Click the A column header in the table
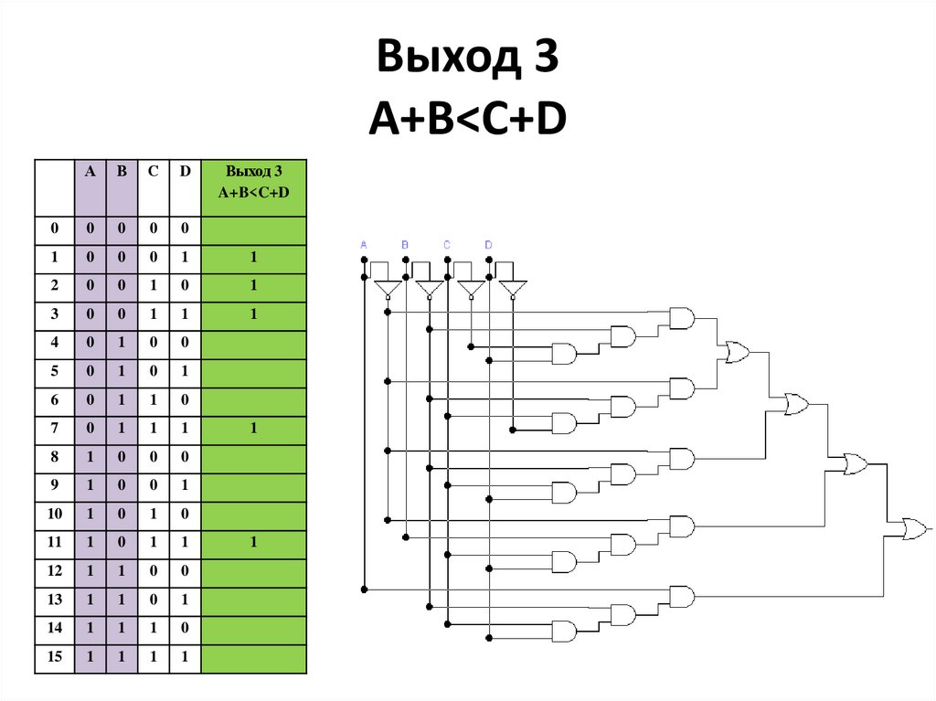(90, 171)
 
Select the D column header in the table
(184, 171)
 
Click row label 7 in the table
(54, 428)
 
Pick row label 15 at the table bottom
(54, 656)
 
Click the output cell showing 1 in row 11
(253, 542)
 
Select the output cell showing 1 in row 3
(253, 313)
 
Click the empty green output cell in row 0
(253, 228)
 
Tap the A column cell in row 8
(90, 456)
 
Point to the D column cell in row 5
(184, 371)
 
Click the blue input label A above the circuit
(364, 245)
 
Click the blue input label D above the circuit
(488, 245)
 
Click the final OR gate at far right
(913, 527)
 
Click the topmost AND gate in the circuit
(682, 317)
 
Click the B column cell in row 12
(122, 570)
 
